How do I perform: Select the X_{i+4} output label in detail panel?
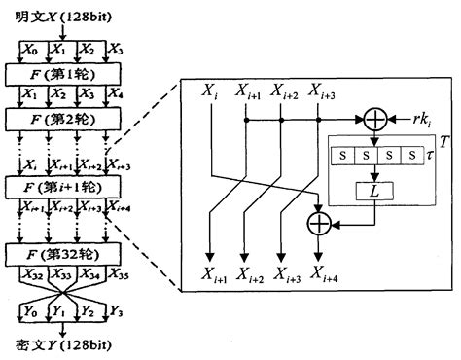tap(320, 273)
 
